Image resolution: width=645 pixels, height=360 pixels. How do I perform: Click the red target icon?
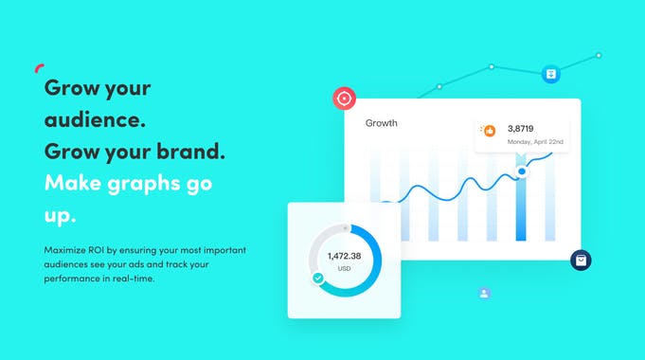[344, 98]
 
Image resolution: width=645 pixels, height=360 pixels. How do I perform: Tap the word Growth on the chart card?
[382, 123]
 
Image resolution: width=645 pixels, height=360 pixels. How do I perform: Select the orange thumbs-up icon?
[490, 131]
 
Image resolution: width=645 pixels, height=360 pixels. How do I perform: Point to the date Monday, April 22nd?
[535, 142]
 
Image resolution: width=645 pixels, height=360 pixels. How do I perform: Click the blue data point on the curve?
[520, 171]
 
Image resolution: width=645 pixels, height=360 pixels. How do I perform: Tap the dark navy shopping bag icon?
[581, 261]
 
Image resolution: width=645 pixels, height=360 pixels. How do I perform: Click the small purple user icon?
[484, 294]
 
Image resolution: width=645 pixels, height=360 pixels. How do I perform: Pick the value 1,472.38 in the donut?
[346, 256]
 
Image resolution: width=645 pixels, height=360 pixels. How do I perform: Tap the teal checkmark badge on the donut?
[318, 279]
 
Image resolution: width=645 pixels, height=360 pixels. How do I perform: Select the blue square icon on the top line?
[550, 73]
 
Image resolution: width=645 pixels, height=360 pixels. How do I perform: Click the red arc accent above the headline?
[39, 67]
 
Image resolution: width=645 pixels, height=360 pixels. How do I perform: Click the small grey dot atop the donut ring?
[346, 228]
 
